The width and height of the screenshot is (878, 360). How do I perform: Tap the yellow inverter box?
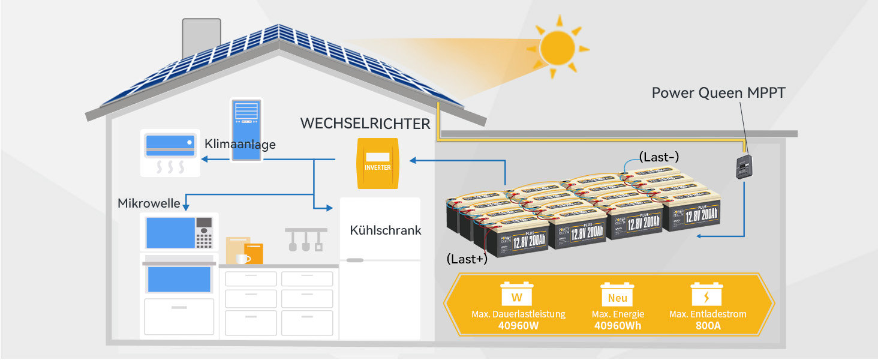coord(378,163)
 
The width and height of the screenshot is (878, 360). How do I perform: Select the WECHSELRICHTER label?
coord(365,124)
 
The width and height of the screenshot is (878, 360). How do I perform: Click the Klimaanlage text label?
coord(240,144)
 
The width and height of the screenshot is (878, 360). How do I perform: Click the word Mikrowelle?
coord(149,203)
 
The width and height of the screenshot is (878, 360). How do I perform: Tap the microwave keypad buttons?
coord(205,232)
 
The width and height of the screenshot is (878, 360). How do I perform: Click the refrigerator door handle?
coord(355,260)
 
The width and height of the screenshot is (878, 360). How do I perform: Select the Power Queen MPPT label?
coord(718,93)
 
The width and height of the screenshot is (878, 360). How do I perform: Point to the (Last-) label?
coord(659,157)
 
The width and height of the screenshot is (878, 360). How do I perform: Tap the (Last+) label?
coord(467,259)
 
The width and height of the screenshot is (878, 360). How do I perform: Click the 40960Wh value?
coord(617,326)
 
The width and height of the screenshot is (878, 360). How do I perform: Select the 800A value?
coord(708,326)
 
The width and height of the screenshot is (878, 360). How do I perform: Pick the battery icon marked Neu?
coord(617,296)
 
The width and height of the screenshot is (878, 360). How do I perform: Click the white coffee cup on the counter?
coord(242,259)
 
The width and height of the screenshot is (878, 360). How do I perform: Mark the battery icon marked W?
coord(516,295)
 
